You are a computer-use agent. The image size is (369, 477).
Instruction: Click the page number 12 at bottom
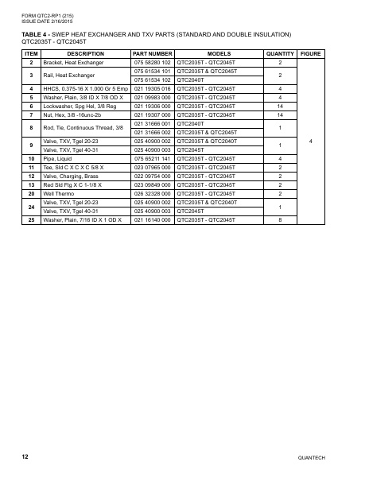25,456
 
